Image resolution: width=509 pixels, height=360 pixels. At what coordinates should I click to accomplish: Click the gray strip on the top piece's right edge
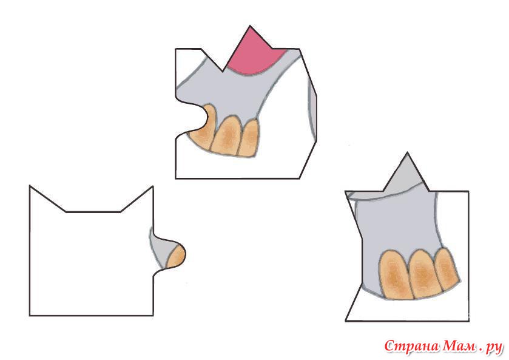click(312, 114)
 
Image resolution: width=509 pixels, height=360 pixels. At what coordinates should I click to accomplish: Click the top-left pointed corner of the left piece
click(30, 186)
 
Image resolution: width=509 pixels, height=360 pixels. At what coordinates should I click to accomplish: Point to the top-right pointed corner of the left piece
click(153, 186)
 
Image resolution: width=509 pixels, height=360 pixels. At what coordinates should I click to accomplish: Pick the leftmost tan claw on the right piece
click(396, 274)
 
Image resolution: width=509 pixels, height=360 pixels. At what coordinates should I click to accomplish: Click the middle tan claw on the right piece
click(424, 273)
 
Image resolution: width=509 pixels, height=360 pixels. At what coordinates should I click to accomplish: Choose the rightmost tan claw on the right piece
click(447, 269)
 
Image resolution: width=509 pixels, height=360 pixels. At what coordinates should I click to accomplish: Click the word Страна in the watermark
click(412, 347)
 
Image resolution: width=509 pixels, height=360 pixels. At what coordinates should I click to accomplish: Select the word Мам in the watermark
click(459, 347)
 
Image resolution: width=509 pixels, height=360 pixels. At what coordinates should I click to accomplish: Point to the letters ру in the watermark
click(493, 348)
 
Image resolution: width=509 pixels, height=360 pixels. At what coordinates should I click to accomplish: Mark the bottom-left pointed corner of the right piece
click(346, 321)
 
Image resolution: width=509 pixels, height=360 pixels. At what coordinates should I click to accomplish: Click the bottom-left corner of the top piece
click(176, 178)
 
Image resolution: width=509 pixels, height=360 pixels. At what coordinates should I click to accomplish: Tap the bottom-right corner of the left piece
click(153, 315)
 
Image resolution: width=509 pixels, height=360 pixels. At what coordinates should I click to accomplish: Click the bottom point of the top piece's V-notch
click(223, 71)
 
